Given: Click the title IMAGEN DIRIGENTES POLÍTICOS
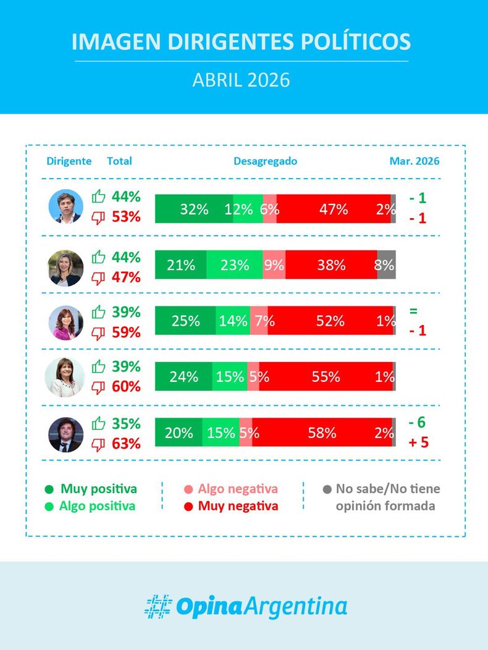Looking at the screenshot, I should pos(241,42).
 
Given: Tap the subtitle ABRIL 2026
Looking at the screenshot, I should pos(241,81).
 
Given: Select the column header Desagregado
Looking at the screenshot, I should pos(265,161).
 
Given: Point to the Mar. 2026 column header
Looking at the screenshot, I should pos(414,161).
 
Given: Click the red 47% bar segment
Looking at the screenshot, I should pos(334,209).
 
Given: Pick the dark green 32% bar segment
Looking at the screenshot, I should pos(193,209).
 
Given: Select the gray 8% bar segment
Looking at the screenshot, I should pos(387,265).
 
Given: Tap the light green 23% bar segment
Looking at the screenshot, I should pos(235,265).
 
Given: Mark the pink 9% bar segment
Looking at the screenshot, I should pos(274,265).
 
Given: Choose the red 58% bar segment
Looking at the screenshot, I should pos(322,433).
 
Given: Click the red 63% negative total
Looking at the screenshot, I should pos(126,444).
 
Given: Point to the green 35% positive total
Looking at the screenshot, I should pos(126,424).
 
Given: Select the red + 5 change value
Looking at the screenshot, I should pos(418,442).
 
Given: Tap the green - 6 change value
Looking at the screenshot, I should pos(418,423).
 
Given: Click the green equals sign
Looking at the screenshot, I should pos(413,311).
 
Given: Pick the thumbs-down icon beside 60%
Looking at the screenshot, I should pos(98,387).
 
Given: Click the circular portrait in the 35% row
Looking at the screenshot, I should pos(66,434).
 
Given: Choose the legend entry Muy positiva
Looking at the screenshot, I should pos(98,489).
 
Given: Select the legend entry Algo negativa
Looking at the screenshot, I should pos(238,489).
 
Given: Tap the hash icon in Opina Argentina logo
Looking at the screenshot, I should pos(158,606).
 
